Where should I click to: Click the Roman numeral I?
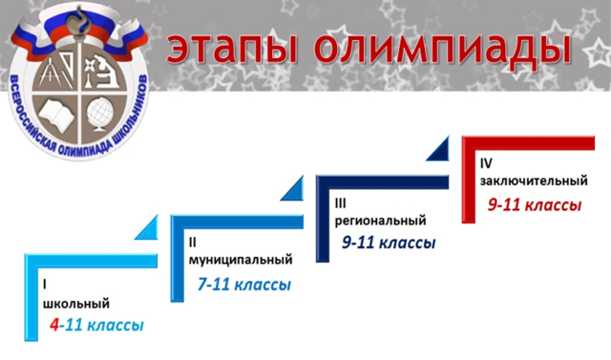pyautogui.click(x=44, y=285)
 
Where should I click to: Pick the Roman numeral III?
pyautogui.click(x=342, y=202)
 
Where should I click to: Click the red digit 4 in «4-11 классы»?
pyautogui.click(x=55, y=326)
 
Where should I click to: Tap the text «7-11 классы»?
pyautogui.click(x=243, y=285)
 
